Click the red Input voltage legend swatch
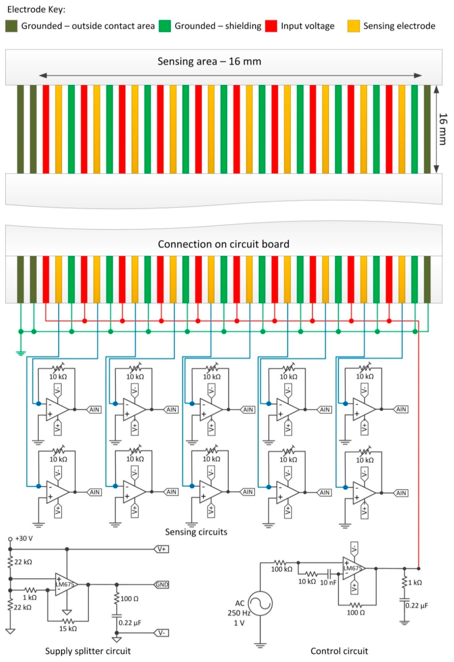pos(271,26)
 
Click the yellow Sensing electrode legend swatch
pos(353,26)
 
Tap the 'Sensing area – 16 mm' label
pos(209,61)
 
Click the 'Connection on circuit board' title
pos(224,244)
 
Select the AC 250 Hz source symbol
pos(260,603)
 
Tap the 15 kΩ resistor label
pos(68,629)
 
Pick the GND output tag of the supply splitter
pos(161,585)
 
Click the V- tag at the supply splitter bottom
pos(161,633)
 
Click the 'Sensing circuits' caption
pos(196,532)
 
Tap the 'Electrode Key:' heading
pos(36,9)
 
